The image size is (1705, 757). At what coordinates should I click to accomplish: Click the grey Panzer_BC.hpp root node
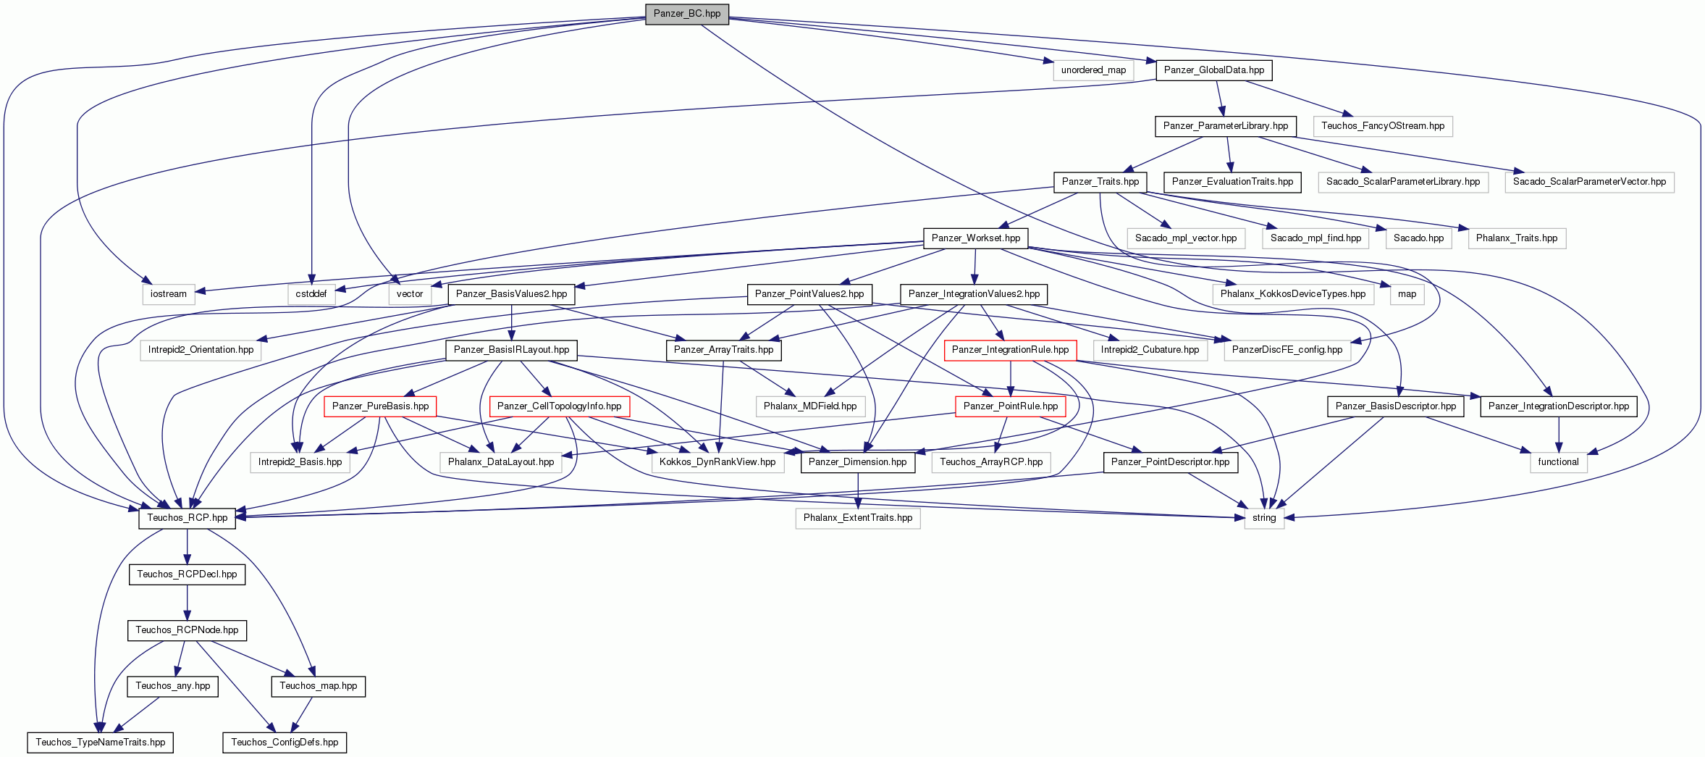tap(687, 14)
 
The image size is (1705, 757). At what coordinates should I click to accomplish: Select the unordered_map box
tap(1093, 70)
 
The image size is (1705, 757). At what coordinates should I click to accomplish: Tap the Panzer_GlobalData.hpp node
tap(1214, 70)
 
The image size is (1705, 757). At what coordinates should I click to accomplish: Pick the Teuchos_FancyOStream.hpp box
tap(1383, 126)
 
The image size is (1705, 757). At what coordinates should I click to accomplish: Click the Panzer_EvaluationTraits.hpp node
tap(1232, 182)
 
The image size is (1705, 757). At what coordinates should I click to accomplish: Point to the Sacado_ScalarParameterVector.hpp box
tap(1589, 182)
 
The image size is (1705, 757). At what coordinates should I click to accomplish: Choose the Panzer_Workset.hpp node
tap(976, 238)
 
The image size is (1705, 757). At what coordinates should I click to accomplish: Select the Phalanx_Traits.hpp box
tap(1517, 238)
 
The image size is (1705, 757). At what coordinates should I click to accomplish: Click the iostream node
tap(169, 294)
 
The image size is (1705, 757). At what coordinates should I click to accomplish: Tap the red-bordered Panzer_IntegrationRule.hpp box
tap(1010, 350)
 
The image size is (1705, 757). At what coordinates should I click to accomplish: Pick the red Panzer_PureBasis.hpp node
tap(380, 406)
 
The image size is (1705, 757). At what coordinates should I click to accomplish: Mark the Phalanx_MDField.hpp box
tap(810, 406)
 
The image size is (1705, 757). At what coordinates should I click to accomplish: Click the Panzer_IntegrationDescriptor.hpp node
tap(1559, 406)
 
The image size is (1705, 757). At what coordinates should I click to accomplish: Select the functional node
tap(1559, 462)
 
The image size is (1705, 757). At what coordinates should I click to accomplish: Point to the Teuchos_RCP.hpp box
tap(188, 518)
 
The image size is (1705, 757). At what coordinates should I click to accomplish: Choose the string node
tap(1264, 518)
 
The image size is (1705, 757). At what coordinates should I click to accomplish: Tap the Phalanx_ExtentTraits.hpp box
tap(858, 518)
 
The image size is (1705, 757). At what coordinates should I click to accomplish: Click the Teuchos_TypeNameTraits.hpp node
tap(101, 743)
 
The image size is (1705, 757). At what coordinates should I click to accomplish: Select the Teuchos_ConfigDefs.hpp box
tap(285, 743)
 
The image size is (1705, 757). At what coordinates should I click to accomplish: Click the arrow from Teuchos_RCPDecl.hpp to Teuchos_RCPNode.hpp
tap(188, 603)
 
